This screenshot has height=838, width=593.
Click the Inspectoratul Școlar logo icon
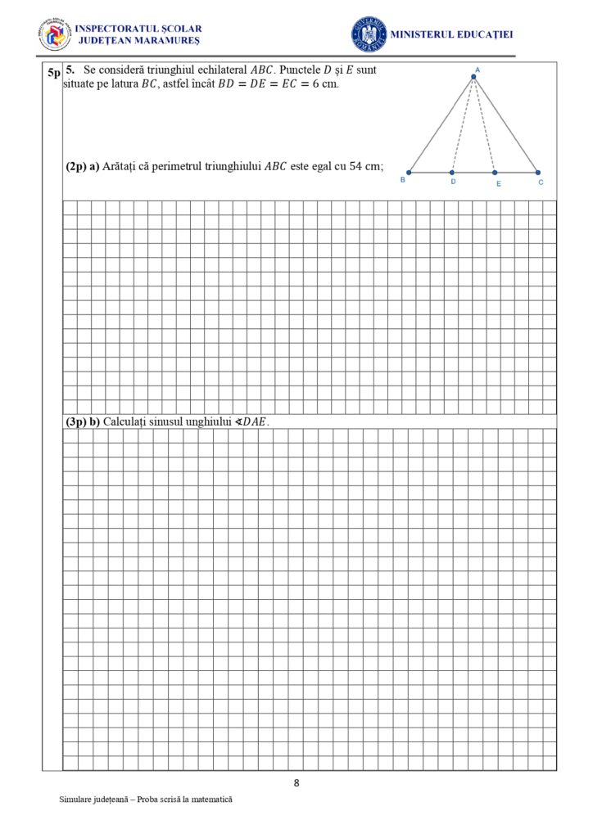(x=54, y=34)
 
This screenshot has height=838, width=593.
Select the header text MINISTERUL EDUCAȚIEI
(x=451, y=34)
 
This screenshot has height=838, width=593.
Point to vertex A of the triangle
(x=473, y=78)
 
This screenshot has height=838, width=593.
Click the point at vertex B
(x=410, y=173)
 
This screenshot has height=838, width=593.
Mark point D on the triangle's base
(x=452, y=173)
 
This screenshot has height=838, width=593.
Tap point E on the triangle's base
(x=494, y=173)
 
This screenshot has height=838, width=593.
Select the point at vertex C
(x=537, y=173)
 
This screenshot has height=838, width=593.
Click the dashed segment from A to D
(x=463, y=125)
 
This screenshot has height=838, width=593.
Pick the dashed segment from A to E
(x=484, y=125)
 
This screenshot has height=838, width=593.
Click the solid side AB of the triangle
(x=441, y=125)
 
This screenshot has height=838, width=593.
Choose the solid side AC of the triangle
(x=505, y=125)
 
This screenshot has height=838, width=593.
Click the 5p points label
(x=53, y=73)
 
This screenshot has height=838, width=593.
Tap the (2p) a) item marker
(x=82, y=166)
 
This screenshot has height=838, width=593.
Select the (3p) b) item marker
(x=82, y=421)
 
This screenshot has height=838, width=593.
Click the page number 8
(x=296, y=783)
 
